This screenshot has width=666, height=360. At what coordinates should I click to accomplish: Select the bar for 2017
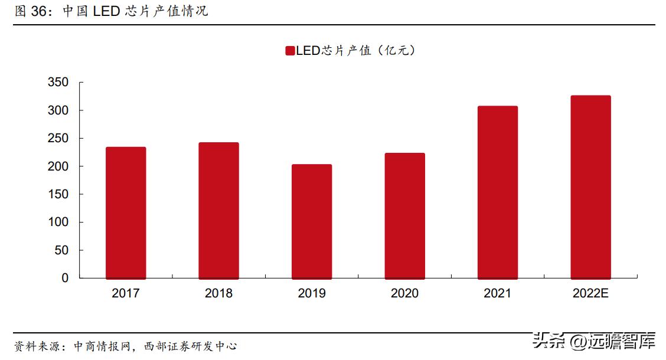coord(126,212)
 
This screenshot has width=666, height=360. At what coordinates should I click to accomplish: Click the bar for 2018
coord(218,210)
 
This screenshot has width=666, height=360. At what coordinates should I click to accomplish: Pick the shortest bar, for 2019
coord(312,221)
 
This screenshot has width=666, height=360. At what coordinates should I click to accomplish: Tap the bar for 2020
coord(404,215)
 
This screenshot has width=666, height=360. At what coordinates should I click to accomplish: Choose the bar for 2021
coord(498,192)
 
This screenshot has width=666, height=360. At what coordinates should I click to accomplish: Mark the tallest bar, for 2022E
coord(590,186)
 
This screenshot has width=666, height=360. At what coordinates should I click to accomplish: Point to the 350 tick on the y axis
coord(58,83)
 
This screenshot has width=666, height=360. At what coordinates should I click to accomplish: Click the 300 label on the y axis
coord(58,110)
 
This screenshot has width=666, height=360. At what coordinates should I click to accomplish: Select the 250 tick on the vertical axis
coord(58,138)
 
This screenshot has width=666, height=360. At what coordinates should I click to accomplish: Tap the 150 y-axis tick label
coord(58,194)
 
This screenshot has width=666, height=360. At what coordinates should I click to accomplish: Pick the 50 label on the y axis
coord(61,250)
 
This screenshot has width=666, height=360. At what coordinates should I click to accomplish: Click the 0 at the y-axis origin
coord(65,278)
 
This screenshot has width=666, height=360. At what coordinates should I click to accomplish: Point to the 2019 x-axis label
coord(312,293)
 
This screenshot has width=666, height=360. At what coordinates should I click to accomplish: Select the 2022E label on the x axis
coord(590,293)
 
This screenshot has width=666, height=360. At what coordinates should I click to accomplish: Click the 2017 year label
coord(126,293)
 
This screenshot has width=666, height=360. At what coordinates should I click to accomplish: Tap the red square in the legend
coord(289,51)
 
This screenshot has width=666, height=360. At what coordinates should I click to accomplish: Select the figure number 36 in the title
coord(40,11)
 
